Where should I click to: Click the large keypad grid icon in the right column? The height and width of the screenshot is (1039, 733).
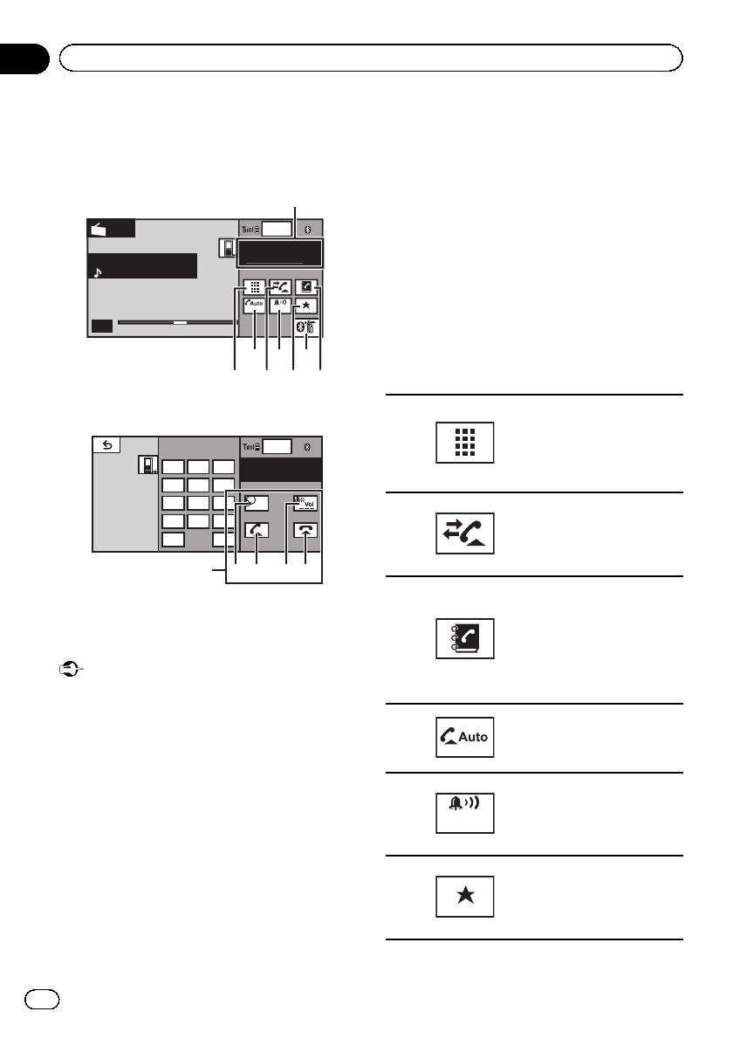[465, 442]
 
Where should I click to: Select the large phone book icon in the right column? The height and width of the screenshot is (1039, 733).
[465, 638]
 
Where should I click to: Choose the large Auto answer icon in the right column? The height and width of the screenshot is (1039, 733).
[465, 737]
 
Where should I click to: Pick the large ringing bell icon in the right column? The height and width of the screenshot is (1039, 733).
[465, 812]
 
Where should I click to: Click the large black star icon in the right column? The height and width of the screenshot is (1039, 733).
[465, 896]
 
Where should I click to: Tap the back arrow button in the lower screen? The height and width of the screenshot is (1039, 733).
[107, 444]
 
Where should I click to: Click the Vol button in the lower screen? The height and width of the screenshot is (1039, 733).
[306, 504]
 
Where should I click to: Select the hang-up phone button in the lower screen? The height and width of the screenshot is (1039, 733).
[306, 530]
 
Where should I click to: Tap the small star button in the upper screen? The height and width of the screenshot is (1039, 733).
[306, 306]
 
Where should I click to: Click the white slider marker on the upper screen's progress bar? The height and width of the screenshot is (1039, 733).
[181, 322]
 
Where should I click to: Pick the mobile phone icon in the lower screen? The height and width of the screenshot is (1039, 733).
[147, 464]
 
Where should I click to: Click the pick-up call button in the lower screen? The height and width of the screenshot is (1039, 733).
[257, 530]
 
